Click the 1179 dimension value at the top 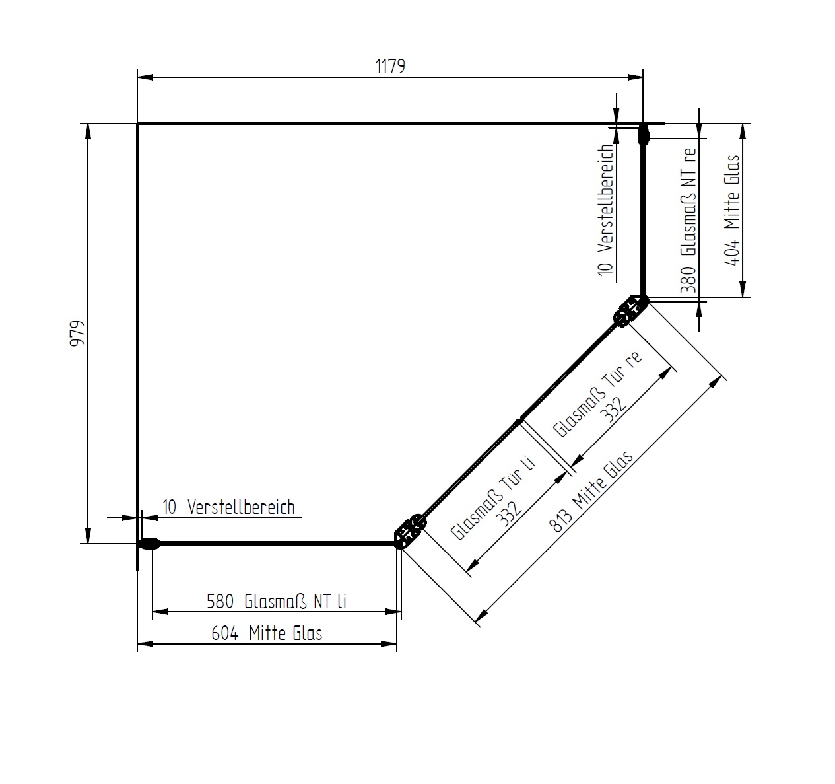pyautogui.click(x=390, y=67)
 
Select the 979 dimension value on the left pyautogui.click(x=77, y=334)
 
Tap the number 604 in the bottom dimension pyautogui.click(x=225, y=633)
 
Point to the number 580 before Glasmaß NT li pyautogui.click(x=220, y=602)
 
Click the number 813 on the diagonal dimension pyautogui.click(x=561, y=521)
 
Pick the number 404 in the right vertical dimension pyautogui.click(x=732, y=252)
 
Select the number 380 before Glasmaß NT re pyautogui.click(x=688, y=279)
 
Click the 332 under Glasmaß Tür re pyautogui.click(x=615, y=410)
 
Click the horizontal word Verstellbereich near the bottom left pyautogui.click(x=241, y=507)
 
